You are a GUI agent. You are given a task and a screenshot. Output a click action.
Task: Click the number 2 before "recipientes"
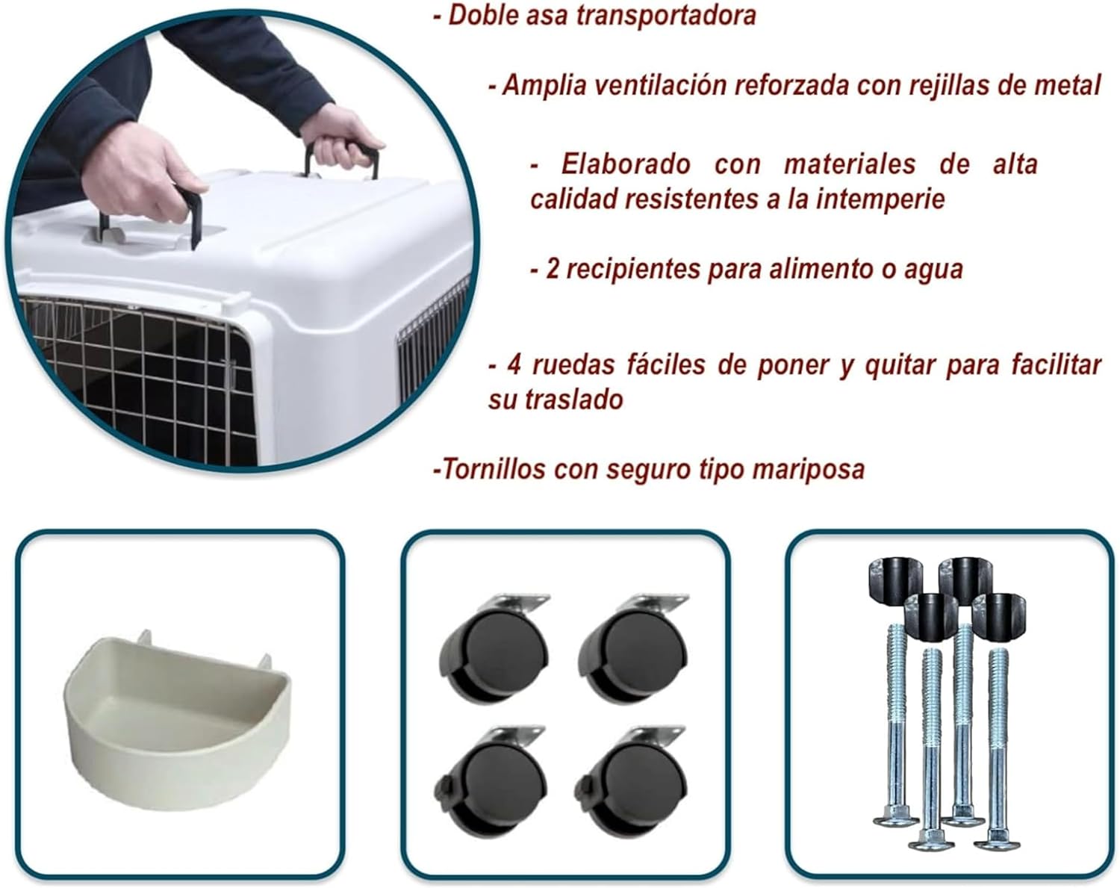[x=552, y=269]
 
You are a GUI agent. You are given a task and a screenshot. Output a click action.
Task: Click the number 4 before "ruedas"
[x=513, y=365]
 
